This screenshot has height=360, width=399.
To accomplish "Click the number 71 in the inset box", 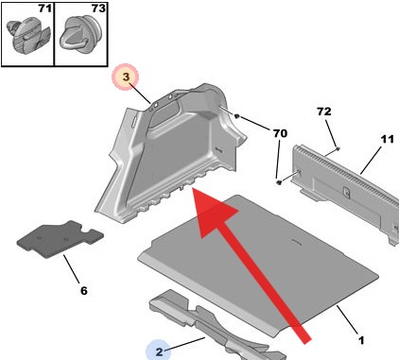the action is (44, 9).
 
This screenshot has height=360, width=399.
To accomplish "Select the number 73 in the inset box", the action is (98, 9).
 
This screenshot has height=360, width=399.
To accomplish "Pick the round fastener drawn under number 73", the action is (80, 34).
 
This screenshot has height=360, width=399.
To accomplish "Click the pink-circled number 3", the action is (126, 77).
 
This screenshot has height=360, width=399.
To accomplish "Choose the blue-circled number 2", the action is (159, 351).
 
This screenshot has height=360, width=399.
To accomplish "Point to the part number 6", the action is (83, 290).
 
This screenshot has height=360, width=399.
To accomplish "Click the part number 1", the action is (361, 340).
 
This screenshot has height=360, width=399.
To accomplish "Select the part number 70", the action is (280, 133).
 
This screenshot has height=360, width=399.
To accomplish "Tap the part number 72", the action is (324, 111).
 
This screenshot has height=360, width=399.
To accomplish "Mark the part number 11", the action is (387, 139).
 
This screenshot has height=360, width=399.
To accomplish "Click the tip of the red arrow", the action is (193, 188).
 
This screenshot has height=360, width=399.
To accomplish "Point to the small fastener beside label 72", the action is (338, 148).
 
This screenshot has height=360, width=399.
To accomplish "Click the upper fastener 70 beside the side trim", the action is (237, 117).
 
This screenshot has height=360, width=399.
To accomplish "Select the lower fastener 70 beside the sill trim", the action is (279, 182).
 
